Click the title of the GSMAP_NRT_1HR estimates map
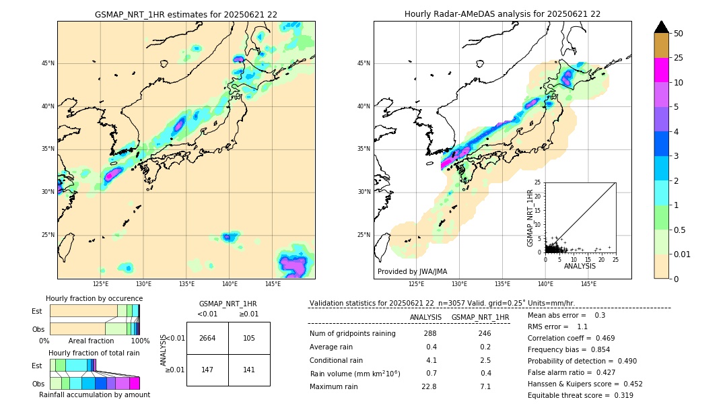point(186,14)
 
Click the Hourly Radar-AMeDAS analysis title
point(502,14)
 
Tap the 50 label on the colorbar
point(679,34)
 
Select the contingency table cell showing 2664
point(207,338)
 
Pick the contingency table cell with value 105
point(249,338)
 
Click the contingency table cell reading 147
point(207,370)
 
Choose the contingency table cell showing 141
point(249,370)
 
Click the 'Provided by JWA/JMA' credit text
point(412,272)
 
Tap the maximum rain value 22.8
point(429,386)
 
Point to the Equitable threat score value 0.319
point(619,395)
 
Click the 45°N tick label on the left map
point(48,63)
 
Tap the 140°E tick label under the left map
point(230,285)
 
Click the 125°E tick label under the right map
point(417,285)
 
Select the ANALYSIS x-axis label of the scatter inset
point(580,267)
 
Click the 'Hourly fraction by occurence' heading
point(94,298)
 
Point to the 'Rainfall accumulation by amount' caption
point(94,394)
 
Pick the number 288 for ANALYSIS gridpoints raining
point(430,333)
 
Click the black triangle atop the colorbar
point(662,27)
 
